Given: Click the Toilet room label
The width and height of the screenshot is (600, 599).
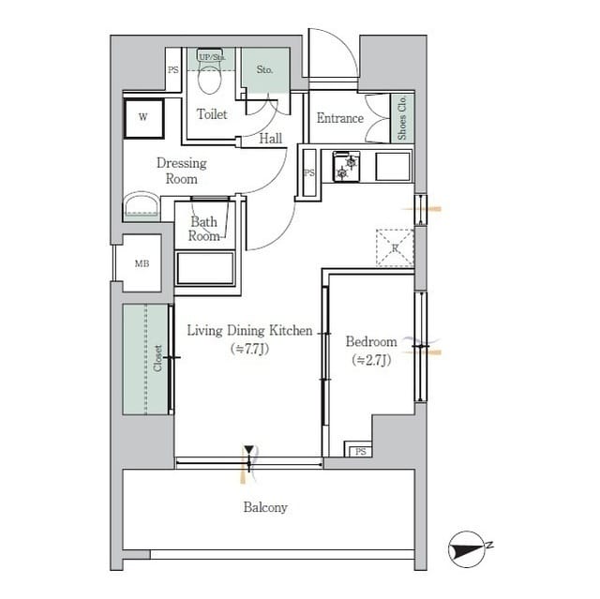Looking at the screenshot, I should tap(212, 114).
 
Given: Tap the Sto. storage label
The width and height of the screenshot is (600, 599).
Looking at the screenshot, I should tap(264, 69).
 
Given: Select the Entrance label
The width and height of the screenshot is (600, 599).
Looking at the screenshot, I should tap(339, 118).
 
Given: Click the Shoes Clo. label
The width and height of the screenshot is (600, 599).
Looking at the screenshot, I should tap(402, 118).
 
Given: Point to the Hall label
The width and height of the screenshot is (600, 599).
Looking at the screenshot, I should tap(271, 139).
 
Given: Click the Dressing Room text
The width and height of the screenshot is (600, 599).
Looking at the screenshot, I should tap(181, 170).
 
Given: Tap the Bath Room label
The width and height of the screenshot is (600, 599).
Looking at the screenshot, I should tap(204, 229).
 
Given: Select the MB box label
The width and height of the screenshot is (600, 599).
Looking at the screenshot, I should tap(142, 262).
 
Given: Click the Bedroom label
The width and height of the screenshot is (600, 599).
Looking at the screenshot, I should tap(371, 350).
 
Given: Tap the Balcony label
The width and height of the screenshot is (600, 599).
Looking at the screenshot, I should tap(265, 507).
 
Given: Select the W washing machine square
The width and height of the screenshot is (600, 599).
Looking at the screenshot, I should tap(143, 117).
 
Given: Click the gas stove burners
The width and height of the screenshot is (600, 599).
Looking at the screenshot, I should tap(347, 167).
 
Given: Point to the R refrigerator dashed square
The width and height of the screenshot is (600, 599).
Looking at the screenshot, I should tap(395, 248).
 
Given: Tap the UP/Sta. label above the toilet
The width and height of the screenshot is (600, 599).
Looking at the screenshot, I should tap(211, 57).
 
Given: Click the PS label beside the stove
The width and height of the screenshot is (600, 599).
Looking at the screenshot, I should tap(308, 172).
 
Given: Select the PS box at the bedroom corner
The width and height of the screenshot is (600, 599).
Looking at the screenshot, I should tap(360, 452).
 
